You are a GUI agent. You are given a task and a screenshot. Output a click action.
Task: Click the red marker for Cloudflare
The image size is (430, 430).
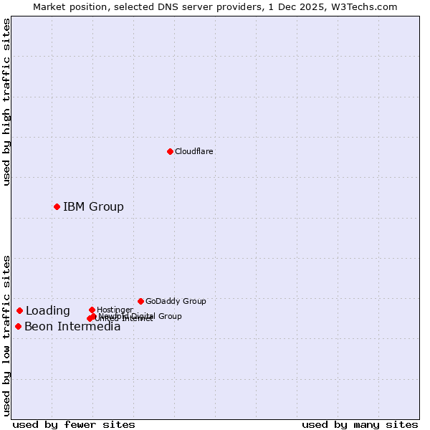(x=170, y=151)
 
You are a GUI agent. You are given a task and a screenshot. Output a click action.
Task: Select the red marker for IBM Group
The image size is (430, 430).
(x=57, y=206)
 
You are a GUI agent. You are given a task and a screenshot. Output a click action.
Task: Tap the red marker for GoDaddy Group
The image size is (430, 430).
(x=140, y=301)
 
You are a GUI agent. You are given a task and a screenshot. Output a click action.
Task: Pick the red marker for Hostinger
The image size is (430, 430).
(x=92, y=310)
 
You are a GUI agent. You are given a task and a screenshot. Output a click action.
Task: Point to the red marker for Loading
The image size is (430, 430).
(x=19, y=310)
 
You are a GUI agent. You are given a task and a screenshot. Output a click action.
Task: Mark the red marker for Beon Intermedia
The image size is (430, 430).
(x=18, y=326)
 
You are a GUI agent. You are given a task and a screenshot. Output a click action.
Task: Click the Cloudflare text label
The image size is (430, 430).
(x=194, y=151)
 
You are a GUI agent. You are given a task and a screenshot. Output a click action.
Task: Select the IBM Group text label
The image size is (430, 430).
(x=93, y=206)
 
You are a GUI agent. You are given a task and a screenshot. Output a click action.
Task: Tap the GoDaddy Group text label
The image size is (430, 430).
(x=176, y=301)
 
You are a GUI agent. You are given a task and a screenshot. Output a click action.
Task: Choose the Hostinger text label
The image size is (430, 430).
(x=115, y=310)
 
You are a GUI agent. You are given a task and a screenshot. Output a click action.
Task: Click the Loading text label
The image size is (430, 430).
(x=48, y=310)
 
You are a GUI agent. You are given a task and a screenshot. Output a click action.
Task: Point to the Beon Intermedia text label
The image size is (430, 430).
(x=72, y=327)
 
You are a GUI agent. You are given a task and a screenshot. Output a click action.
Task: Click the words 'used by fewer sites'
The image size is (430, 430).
(x=74, y=424)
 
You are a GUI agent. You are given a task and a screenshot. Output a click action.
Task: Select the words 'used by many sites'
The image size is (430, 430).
(x=360, y=424)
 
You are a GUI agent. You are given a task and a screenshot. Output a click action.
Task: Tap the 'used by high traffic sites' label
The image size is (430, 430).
(x=6, y=102)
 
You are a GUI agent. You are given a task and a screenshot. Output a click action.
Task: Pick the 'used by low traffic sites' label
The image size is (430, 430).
(x=6, y=335)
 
